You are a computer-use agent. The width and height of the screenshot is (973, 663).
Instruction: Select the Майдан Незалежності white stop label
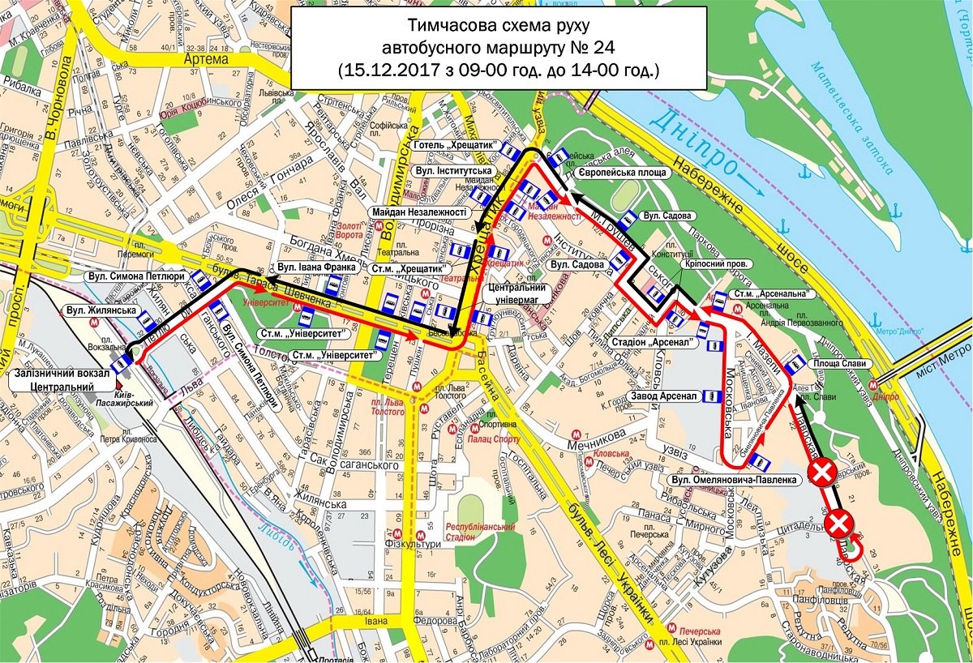420,212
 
